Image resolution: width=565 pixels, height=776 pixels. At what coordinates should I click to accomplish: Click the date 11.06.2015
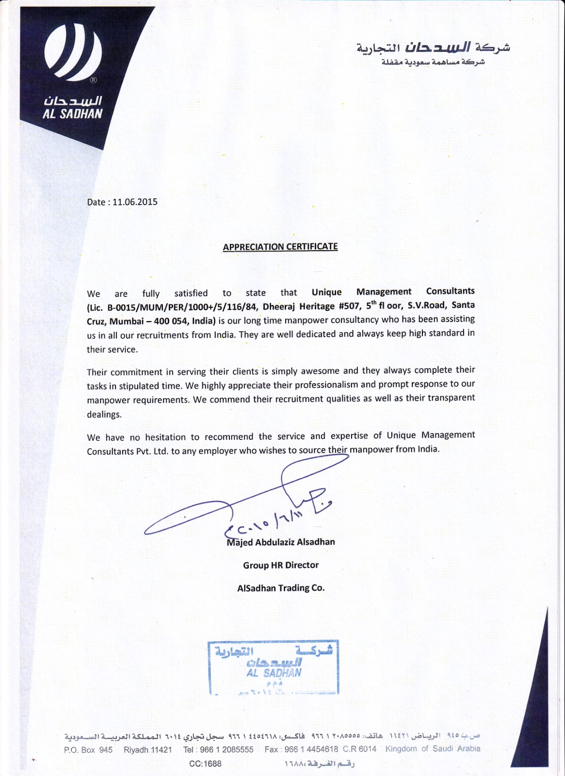tap(135, 202)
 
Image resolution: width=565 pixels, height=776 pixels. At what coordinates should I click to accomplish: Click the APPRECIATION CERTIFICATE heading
tap(280, 247)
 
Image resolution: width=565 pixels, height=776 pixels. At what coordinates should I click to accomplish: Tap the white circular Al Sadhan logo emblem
tap(73, 51)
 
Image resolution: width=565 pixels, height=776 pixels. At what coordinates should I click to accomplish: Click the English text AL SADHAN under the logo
tap(73, 114)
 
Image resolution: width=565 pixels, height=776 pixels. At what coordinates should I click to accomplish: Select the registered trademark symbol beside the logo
tap(94, 80)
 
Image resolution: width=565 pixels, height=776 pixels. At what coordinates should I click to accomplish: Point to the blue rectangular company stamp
tap(274, 668)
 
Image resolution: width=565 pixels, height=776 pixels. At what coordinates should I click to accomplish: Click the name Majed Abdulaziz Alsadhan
tap(281, 542)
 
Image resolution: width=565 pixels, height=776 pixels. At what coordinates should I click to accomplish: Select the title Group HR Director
tap(281, 565)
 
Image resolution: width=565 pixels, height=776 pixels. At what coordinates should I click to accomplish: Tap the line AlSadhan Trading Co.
tap(281, 588)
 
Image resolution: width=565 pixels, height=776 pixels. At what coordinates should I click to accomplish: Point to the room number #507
tap(350, 306)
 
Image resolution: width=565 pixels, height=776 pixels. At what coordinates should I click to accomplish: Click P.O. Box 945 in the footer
tap(88, 750)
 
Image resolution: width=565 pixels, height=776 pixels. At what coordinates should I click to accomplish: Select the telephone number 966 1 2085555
tap(226, 750)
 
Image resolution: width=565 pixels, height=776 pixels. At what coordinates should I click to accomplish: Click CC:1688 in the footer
tap(205, 764)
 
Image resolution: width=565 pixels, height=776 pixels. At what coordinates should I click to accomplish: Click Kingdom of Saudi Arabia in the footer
tap(433, 749)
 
